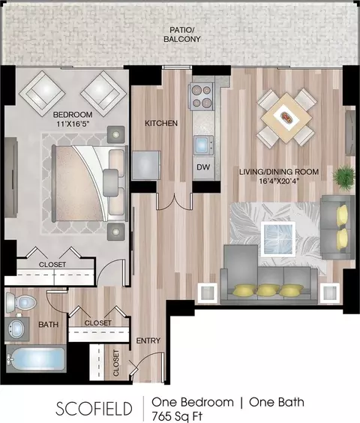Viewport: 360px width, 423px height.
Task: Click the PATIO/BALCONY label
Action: (x=182, y=34)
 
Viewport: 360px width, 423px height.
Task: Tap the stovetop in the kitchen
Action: (x=202, y=96)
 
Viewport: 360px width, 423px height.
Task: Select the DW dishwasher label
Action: (x=203, y=167)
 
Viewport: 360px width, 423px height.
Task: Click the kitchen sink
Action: (x=203, y=145)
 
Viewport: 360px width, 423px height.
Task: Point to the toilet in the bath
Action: (x=21, y=301)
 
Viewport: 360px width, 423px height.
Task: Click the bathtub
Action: (x=37, y=358)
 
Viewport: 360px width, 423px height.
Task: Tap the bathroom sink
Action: (x=17, y=328)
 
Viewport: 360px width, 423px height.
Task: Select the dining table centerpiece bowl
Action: (x=286, y=117)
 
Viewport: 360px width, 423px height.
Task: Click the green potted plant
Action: (x=344, y=175)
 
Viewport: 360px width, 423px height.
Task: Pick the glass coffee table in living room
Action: (x=278, y=239)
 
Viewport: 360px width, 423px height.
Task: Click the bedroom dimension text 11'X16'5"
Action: (x=73, y=124)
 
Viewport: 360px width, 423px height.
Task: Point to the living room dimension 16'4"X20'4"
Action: (x=280, y=181)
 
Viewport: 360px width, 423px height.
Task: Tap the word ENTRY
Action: (x=148, y=340)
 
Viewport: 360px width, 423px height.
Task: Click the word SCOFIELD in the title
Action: (x=94, y=409)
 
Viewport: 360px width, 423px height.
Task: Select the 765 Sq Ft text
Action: (x=177, y=416)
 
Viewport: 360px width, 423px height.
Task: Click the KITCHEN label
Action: (x=161, y=123)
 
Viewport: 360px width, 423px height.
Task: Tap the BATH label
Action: (x=48, y=324)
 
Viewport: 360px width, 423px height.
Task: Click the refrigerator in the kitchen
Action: (x=146, y=165)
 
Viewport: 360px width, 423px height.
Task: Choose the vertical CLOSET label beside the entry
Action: (x=115, y=363)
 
